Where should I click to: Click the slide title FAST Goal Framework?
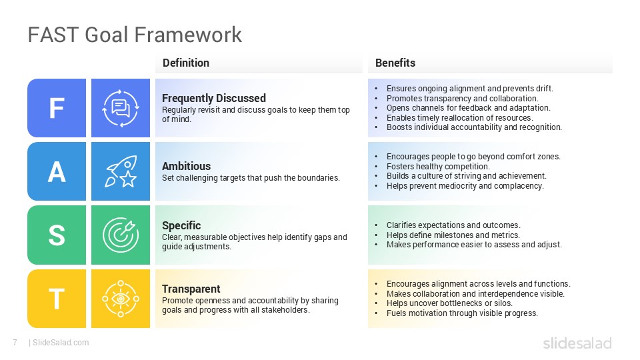click(x=135, y=35)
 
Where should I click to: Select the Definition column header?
click(x=186, y=63)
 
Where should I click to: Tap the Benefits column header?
click(x=395, y=63)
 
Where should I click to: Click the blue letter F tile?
click(x=57, y=108)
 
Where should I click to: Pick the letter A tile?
click(x=57, y=171)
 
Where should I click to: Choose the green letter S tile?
click(x=57, y=235)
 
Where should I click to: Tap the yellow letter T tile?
click(x=57, y=299)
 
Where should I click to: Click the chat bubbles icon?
click(x=121, y=108)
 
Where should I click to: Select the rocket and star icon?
click(x=121, y=171)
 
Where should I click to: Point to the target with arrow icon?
click(x=121, y=235)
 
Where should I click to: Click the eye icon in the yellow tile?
click(x=121, y=299)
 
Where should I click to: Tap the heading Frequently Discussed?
click(x=214, y=98)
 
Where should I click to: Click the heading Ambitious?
click(x=187, y=166)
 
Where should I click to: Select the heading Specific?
click(x=181, y=225)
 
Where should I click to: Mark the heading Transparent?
click(x=191, y=289)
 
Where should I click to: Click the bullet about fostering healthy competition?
click(x=438, y=167)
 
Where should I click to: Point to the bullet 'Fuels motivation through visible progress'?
click(x=462, y=313)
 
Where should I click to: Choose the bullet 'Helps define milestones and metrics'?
click(x=453, y=235)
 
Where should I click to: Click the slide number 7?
click(x=14, y=343)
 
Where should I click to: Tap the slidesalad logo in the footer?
click(x=577, y=343)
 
